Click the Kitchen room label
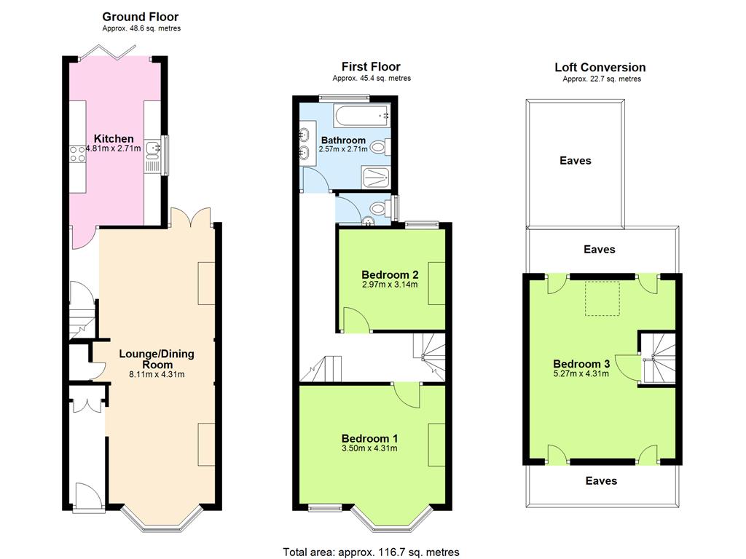(x=114, y=139)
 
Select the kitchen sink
(x=153, y=149)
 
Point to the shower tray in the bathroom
(x=376, y=178)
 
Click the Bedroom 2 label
(x=390, y=274)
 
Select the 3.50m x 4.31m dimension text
(x=369, y=448)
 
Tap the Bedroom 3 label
(x=581, y=364)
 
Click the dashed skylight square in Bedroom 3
(x=602, y=298)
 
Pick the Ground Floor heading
(x=141, y=17)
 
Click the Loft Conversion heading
(x=600, y=68)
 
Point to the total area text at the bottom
(x=371, y=552)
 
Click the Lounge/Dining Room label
(x=157, y=359)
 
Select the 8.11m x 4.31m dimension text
(x=157, y=375)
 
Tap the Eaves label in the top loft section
(x=576, y=161)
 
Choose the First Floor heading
(x=371, y=67)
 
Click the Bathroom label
(x=344, y=140)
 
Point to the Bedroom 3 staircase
(x=658, y=358)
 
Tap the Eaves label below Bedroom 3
(x=601, y=481)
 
